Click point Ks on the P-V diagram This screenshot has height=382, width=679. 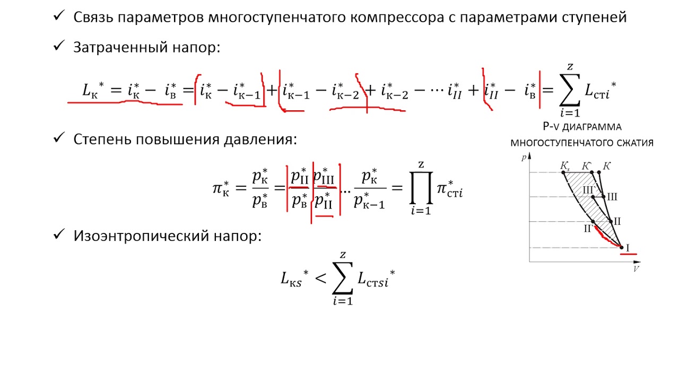click(x=563, y=172)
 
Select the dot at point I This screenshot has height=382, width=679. click(x=621, y=247)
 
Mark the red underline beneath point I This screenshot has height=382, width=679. click(x=629, y=254)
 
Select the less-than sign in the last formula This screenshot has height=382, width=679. click(x=321, y=278)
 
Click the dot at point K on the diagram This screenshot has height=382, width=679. click(x=599, y=172)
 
